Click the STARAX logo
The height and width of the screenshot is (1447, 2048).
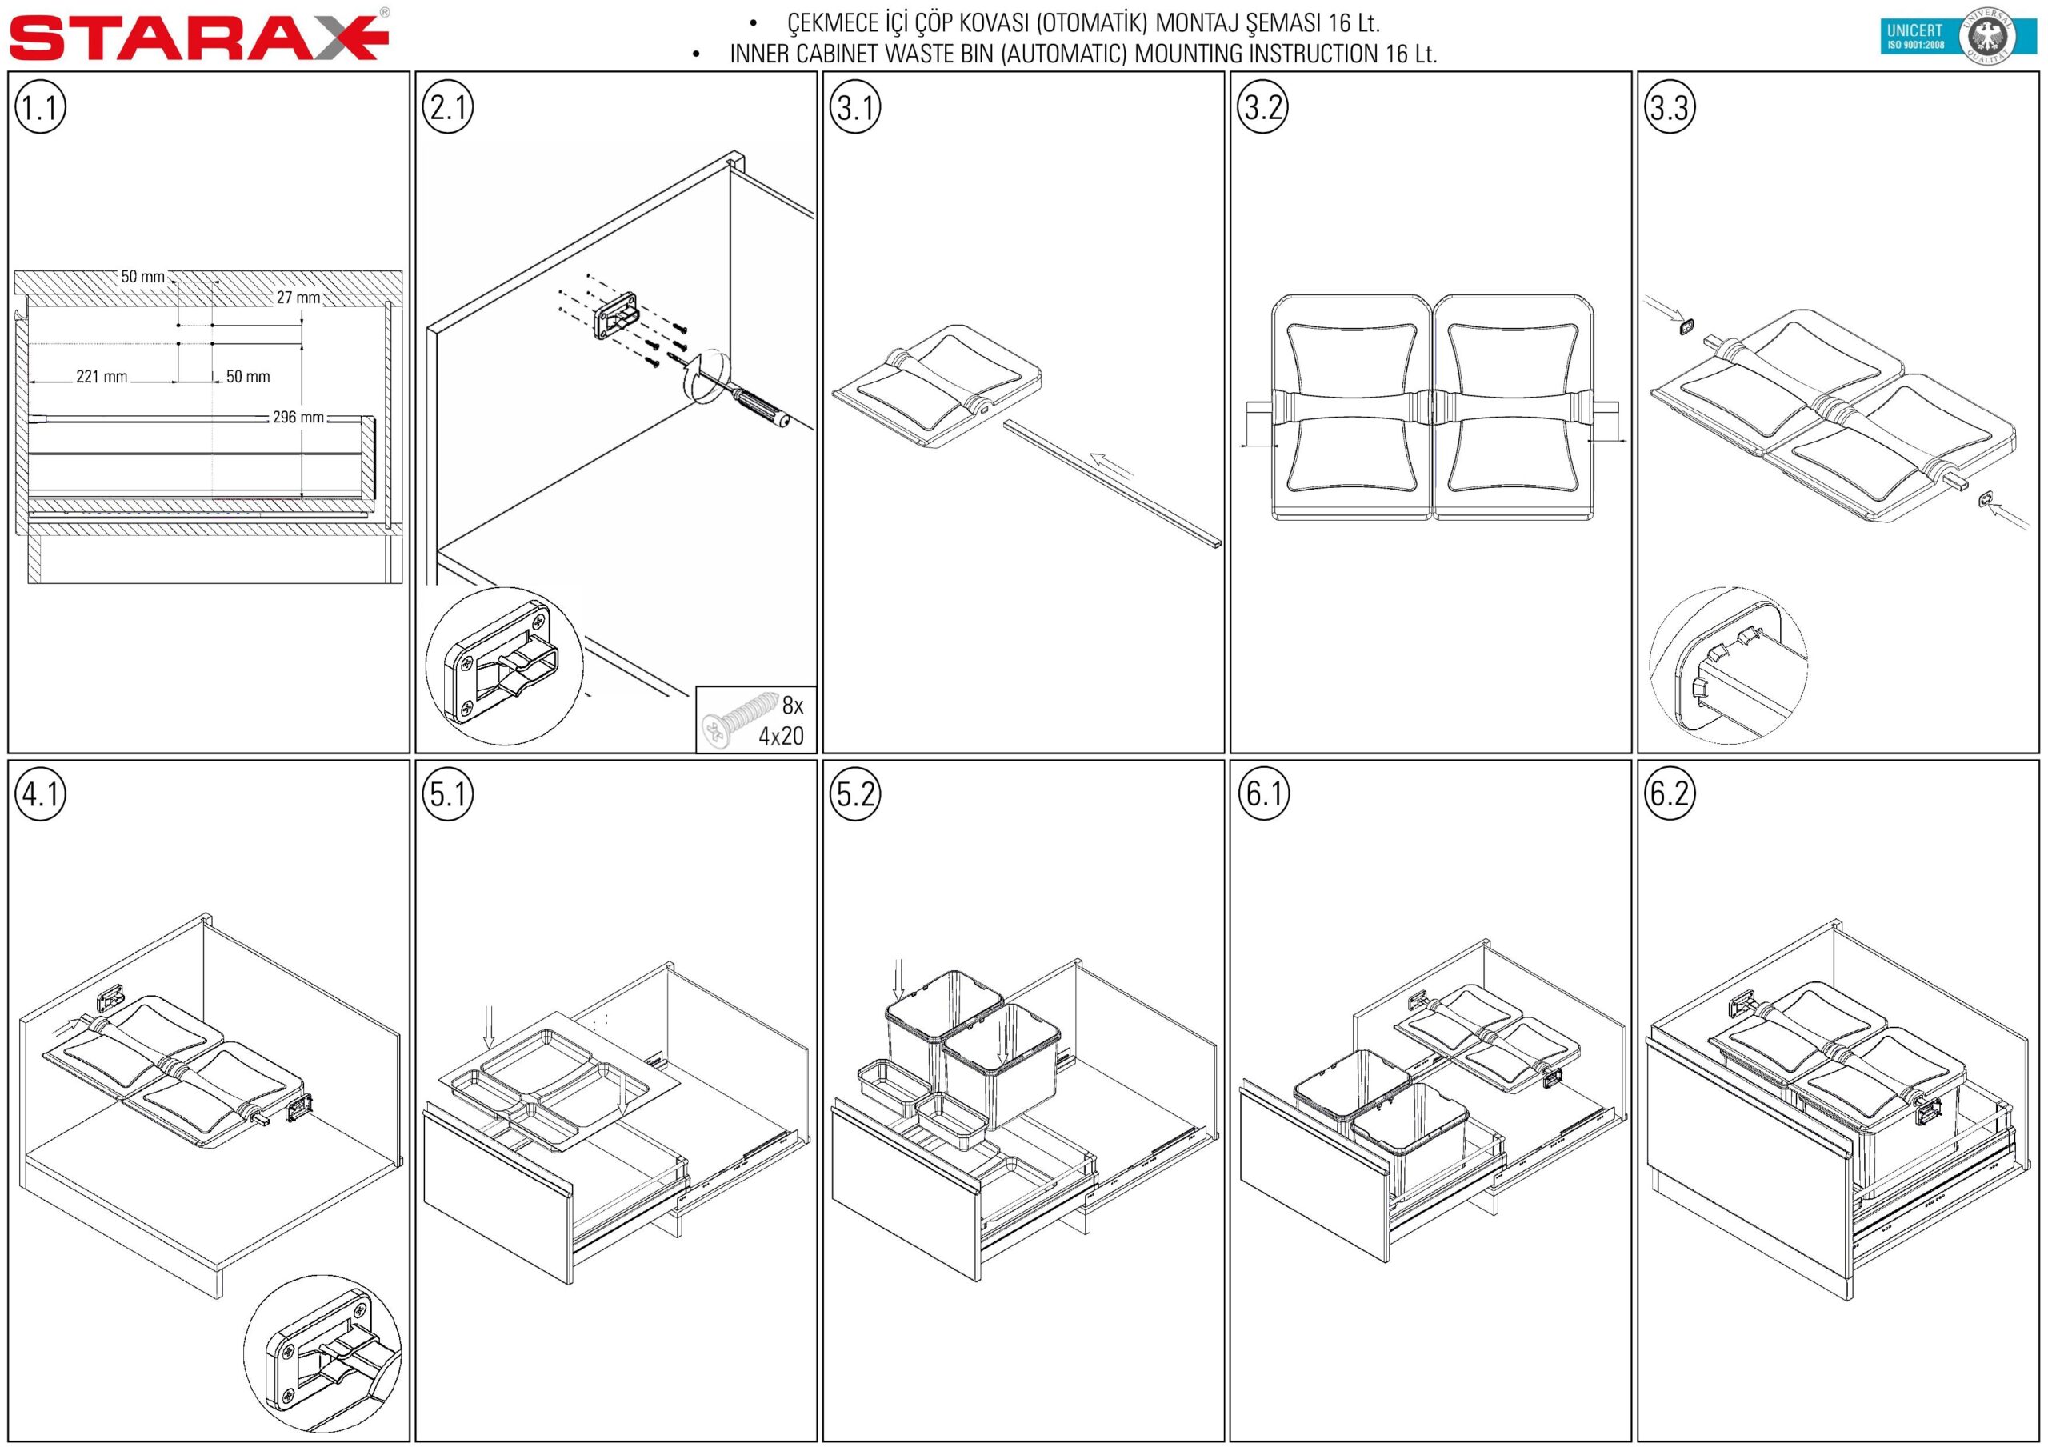[199, 37]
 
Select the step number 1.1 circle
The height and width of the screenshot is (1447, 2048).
[40, 107]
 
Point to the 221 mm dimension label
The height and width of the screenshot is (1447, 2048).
[102, 377]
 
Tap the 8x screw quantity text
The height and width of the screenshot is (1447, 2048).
[793, 706]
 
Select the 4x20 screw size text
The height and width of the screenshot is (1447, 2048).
[782, 736]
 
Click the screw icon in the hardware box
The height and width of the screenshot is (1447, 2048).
[739, 718]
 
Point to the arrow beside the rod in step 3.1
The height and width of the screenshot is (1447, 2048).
[1111, 466]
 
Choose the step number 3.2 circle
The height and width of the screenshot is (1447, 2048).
[1262, 107]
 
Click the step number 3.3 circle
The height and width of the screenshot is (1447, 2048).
[1669, 107]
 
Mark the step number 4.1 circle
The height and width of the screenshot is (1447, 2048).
[40, 793]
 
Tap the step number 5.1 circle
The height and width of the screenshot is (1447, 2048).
[447, 793]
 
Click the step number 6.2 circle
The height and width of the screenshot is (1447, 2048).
[1669, 793]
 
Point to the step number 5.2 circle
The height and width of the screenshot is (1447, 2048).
[854, 793]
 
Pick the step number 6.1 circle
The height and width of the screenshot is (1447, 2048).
[1262, 793]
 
